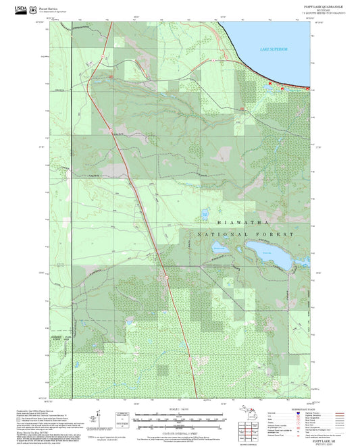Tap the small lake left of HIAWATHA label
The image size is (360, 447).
(x=204, y=215)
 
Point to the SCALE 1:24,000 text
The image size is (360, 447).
(x=180, y=409)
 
